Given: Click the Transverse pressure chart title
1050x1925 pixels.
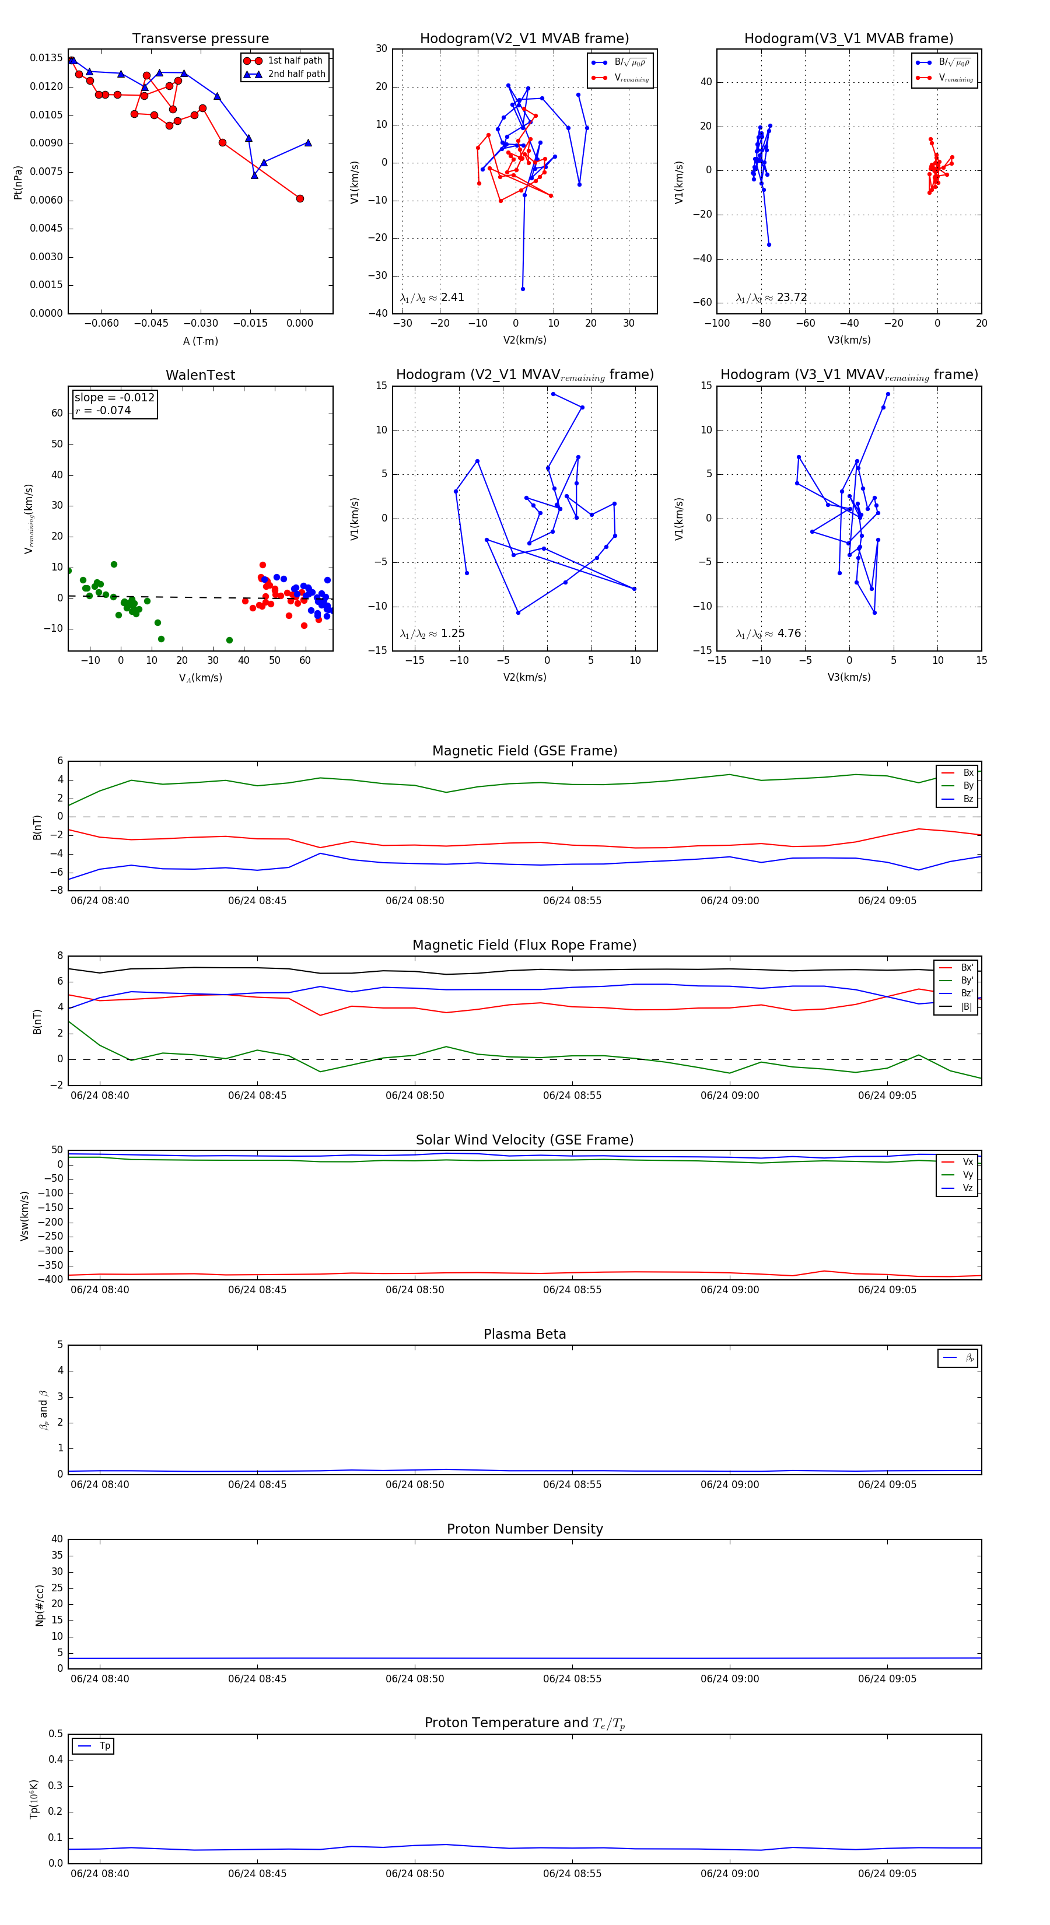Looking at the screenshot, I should [200, 39].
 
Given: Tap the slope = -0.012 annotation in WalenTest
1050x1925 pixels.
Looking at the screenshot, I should [114, 398].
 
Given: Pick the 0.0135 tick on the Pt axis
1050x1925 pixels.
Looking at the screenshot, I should [46, 58].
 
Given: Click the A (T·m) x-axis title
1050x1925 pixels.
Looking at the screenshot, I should [200, 341].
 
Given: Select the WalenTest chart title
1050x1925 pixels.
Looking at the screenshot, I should [200, 375].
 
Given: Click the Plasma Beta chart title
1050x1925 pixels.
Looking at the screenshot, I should [524, 1335].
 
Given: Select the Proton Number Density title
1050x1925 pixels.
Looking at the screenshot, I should [524, 1529].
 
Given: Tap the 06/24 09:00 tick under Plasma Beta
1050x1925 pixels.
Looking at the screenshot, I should [729, 1485].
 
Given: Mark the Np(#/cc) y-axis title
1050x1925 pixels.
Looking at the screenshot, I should [40, 1606].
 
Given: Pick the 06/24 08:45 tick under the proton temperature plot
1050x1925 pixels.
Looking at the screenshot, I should [257, 1874].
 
